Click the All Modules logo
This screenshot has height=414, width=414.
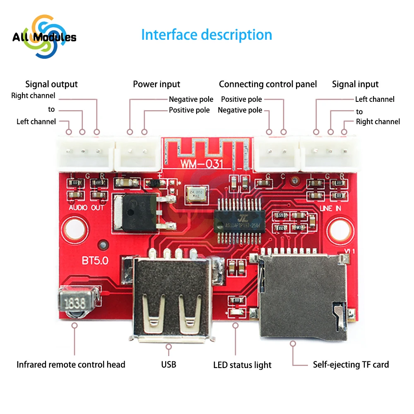tap(44, 37)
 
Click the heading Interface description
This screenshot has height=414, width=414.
tap(207, 35)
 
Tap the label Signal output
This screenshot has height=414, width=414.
tap(51, 84)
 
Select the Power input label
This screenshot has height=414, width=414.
tap(156, 84)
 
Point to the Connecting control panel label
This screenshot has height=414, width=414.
tap(267, 84)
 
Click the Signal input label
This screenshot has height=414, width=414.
tap(355, 84)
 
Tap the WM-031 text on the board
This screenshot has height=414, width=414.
tap(202, 163)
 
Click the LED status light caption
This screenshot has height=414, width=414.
tap(242, 365)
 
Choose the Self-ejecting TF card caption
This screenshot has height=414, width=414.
tap(351, 364)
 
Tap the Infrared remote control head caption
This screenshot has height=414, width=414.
tap(71, 364)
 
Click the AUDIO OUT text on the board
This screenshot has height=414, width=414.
tap(87, 207)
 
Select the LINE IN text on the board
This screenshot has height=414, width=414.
tap(330, 209)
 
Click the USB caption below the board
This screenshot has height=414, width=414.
tap(168, 364)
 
